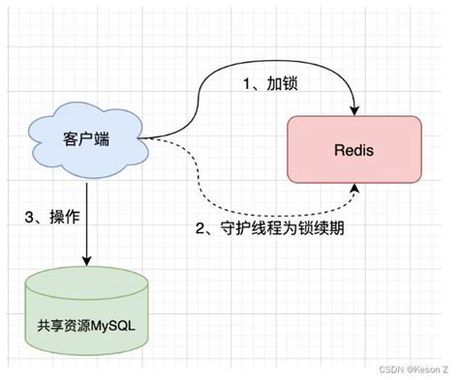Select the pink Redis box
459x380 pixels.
click(354, 150)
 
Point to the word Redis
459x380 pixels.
click(354, 150)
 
